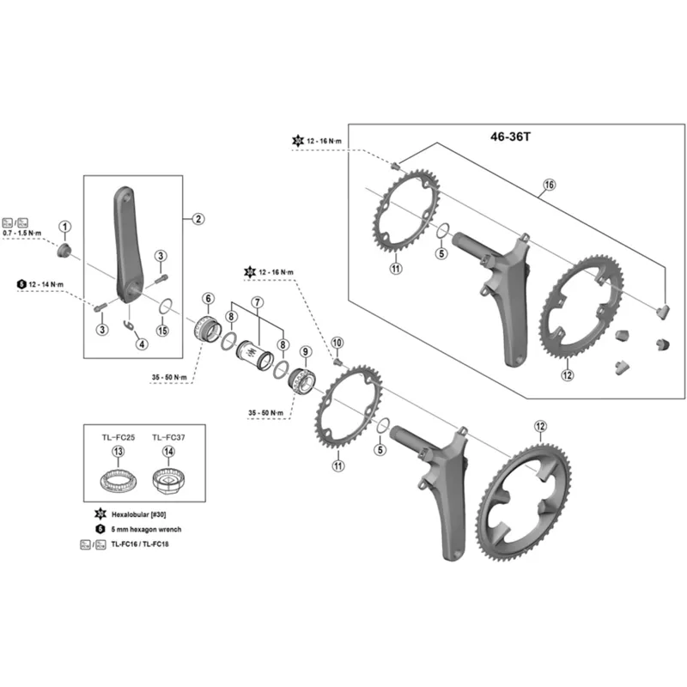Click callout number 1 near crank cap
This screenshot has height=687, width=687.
pyautogui.click(x=65, y=227)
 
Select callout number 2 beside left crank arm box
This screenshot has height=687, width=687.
pyautogui.click(x=198, y=219)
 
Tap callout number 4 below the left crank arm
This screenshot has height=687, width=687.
pyautogui.click(x=141, y=344)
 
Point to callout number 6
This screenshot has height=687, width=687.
pyautogui.click(x=208, y=299)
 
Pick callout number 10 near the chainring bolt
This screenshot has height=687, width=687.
pyautogui.click(x=337, y=342)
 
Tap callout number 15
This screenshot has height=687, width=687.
pyautogui.click(x=163, y=331)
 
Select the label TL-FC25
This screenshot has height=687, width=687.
pyautogui.click(x=117, y=438)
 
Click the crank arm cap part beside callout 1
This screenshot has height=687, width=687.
pyautogui.click(x=64, y=250)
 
